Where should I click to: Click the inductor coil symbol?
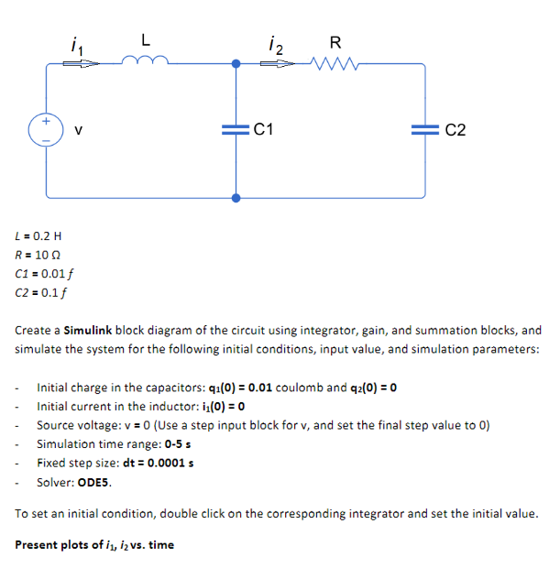click(145, 61)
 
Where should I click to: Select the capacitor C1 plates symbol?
click(236, 130)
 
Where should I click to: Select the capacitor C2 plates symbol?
click(424, 130)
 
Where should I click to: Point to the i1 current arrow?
click(79, 64)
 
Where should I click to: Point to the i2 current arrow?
click(279, 64)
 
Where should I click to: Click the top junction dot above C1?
click(236, 64)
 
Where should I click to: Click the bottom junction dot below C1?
click(236, 197)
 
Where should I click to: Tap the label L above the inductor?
click(146, 40)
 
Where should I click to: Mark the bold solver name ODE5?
click(94, 481)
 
